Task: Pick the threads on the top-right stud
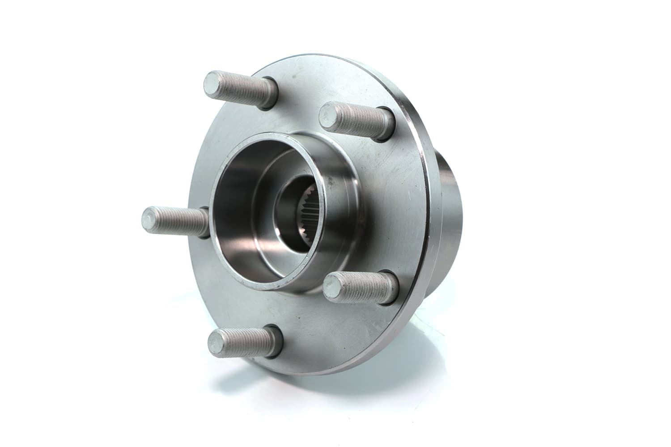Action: coord(361,117)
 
